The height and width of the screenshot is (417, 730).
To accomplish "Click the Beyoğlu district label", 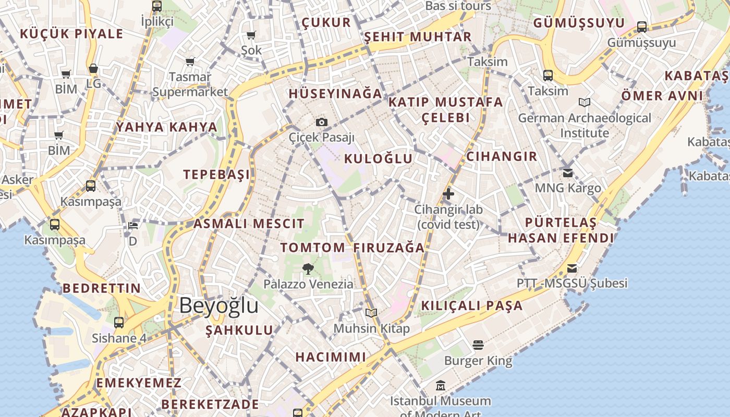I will click(218, 306).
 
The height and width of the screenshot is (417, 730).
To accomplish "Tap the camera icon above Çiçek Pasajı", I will click(322, 122).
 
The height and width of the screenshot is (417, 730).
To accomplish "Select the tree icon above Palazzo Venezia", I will click(308, 269).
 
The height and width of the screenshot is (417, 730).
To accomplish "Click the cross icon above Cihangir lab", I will click(448, 194).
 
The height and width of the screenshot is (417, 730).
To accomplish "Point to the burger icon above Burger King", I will click(478, 345).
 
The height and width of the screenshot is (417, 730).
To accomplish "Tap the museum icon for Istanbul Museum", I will click(441, 386).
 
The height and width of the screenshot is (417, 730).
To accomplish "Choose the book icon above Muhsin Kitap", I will click(371, 313).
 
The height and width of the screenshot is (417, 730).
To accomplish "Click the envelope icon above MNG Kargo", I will click(568, 173).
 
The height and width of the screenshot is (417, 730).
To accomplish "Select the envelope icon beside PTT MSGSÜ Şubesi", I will click(572, 268).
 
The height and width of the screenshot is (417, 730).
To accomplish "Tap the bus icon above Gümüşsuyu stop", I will click(642, 27).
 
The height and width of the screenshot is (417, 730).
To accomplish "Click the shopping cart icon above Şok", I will click(251, 35).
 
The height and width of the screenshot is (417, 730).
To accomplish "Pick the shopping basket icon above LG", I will click(93, 68).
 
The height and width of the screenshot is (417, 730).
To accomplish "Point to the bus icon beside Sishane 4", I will click(119, 322).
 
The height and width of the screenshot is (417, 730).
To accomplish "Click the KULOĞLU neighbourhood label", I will click(379, 158).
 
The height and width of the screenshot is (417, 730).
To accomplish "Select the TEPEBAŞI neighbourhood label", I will click(216, 174).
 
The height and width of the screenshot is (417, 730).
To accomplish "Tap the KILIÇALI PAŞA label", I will click(472, 305).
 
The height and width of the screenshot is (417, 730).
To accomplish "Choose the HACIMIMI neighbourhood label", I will click(331, 357).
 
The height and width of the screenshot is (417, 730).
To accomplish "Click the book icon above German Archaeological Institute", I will click(585, 103).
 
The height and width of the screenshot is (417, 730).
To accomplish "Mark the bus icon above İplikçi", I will click(157, 6).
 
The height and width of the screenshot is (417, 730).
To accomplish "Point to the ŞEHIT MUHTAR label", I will click(418, 37).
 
